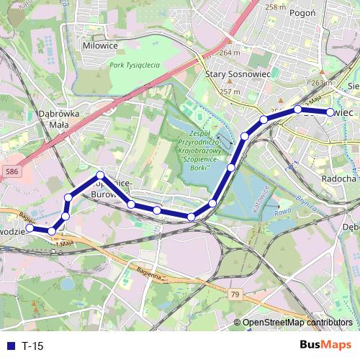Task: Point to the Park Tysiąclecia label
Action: click(x=135, y=65)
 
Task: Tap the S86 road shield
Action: click(x=11, y=172)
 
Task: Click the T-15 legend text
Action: click(x=33, y=346)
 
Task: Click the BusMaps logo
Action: click(x=325, y=345)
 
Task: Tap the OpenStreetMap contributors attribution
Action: click(x=297, y=323)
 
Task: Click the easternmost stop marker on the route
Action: click(x=330, y=112)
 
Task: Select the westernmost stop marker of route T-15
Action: click(x=30, y=228)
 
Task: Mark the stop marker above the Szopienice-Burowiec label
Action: click(x=100, y=175)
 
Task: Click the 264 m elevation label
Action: click(x=229, y=53)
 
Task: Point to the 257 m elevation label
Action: click(x=229, y=91)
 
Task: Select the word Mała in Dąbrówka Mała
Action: click(x=58, y=125)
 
